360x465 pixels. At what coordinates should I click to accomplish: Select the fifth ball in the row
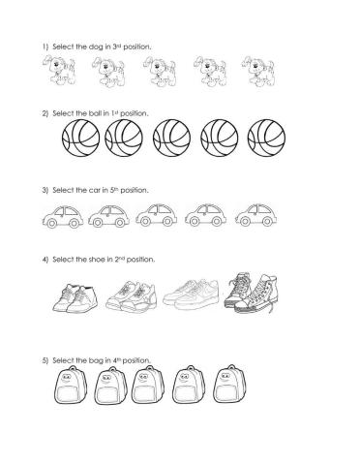(x=267, y=139)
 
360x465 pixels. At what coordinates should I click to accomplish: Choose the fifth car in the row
(x=255, y=214)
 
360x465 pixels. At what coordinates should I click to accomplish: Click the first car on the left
(x=62, y=214)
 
